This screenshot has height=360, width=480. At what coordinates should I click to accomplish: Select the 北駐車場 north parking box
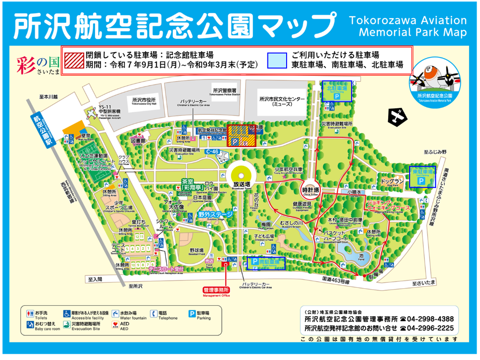coord(337,91)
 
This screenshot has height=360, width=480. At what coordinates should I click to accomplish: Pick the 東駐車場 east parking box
coord(422,177)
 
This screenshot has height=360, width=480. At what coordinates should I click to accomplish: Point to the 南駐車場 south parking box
coord(267,263)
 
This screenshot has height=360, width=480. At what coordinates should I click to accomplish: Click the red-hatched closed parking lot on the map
coord(241,136)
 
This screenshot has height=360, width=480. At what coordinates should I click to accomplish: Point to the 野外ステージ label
coord(215,214)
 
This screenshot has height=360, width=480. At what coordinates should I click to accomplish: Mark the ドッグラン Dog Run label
coord(393,181)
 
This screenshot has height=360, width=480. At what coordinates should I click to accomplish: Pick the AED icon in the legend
coord(115,325)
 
